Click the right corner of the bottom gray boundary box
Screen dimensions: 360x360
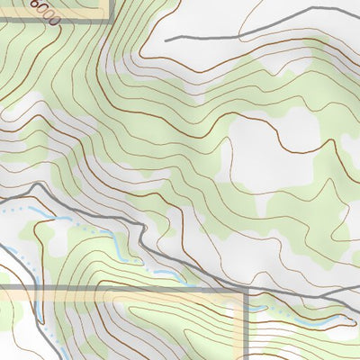pyautogui.click(x=245, y=290)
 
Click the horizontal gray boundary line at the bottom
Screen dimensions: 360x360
pyautogui.click(x=135, y=289)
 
